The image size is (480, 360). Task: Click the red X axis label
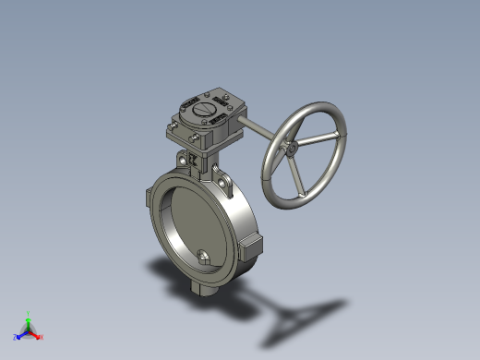point(42,337)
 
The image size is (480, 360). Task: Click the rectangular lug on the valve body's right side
point(252,246)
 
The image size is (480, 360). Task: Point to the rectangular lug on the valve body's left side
point(149,198)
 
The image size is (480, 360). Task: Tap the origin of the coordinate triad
point(28,330)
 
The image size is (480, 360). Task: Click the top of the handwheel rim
point(318,105)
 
